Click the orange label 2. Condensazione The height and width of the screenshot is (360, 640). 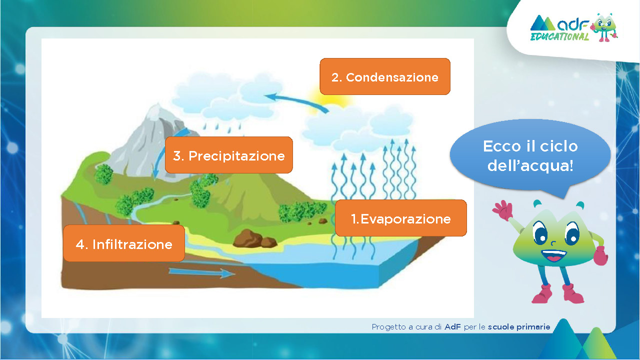(x=385, y=76)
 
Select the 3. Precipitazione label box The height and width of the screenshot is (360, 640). (x=229, y=155)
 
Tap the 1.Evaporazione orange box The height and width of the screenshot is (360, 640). (x=401, y=218)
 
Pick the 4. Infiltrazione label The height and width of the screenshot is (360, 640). (x=124, y=243)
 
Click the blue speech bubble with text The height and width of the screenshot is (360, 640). (x=530, y=155)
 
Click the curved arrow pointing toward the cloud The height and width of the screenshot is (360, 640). (x=297, y=101)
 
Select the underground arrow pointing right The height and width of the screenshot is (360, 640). (x=201, y=272)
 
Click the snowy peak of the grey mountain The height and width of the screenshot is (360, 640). (x=155, y=111)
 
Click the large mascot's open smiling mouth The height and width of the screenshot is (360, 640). (x=553, y=255)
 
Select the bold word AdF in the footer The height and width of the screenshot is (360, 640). (x=452, y=327)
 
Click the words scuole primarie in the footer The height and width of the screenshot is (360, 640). (x=519, y=327)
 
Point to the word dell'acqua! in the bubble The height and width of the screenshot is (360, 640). (x=530, y=165)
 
